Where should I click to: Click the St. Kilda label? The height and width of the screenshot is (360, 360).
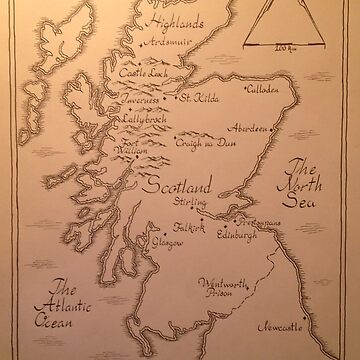(x=198, y=98)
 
